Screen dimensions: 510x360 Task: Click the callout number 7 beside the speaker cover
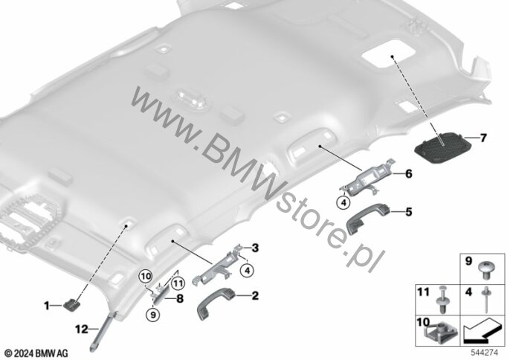point(483,138)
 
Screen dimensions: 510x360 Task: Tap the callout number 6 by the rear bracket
point(409,174)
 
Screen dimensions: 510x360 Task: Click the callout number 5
point(409,212)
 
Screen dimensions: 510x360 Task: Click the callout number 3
point(255,248)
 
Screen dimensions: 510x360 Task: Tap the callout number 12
point(82,329)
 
